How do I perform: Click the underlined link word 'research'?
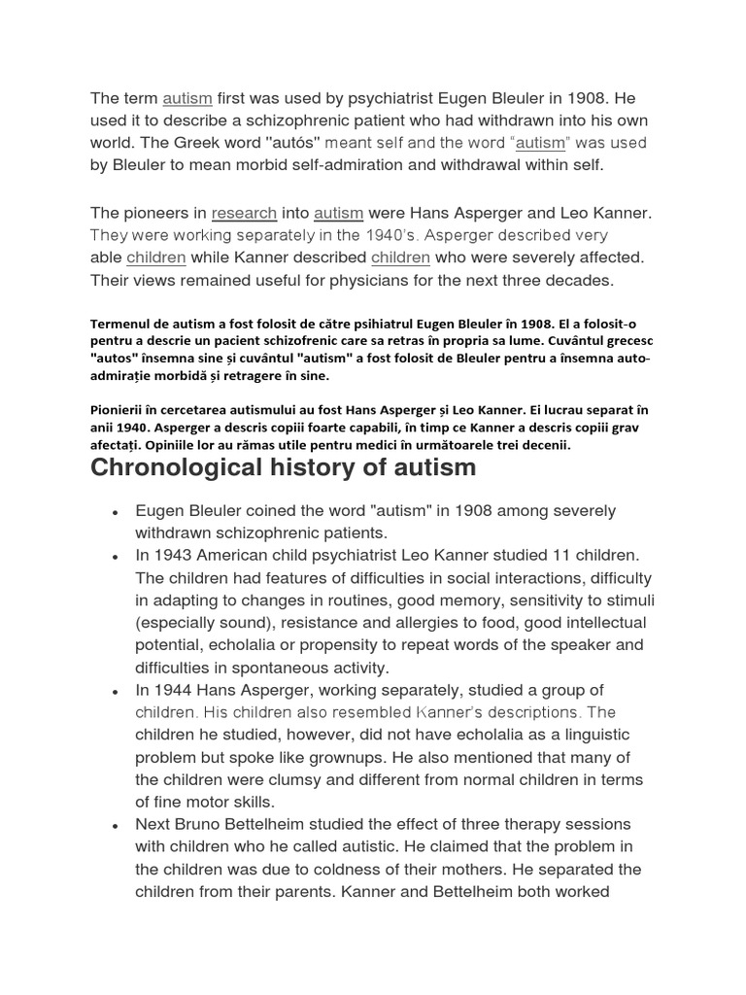click(244, 213)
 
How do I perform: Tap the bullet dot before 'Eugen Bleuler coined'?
click(115, 511)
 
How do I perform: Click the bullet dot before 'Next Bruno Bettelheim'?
click(115, 825)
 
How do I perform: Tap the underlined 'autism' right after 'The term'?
click(187, 98)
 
